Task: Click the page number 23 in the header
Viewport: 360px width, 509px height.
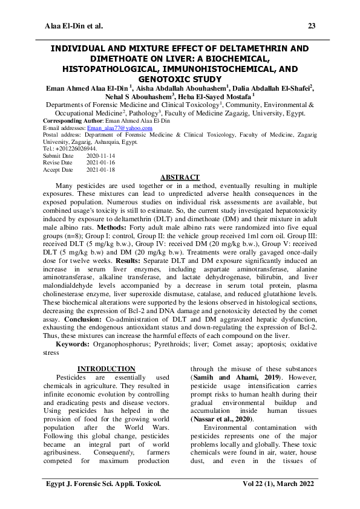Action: point(312,26)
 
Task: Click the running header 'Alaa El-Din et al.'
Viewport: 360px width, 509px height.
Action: point(74,26)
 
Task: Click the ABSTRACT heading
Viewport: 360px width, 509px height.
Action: point(180,177)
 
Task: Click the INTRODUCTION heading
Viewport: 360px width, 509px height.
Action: point(106,369)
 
